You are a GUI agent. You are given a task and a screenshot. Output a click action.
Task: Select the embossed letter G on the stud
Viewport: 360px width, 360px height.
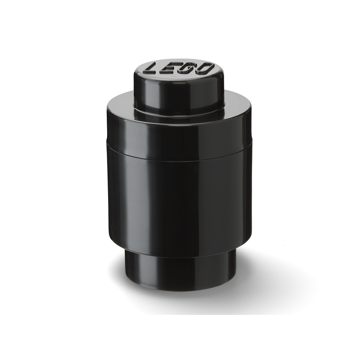pyautogui.click(x=190, y=67)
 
